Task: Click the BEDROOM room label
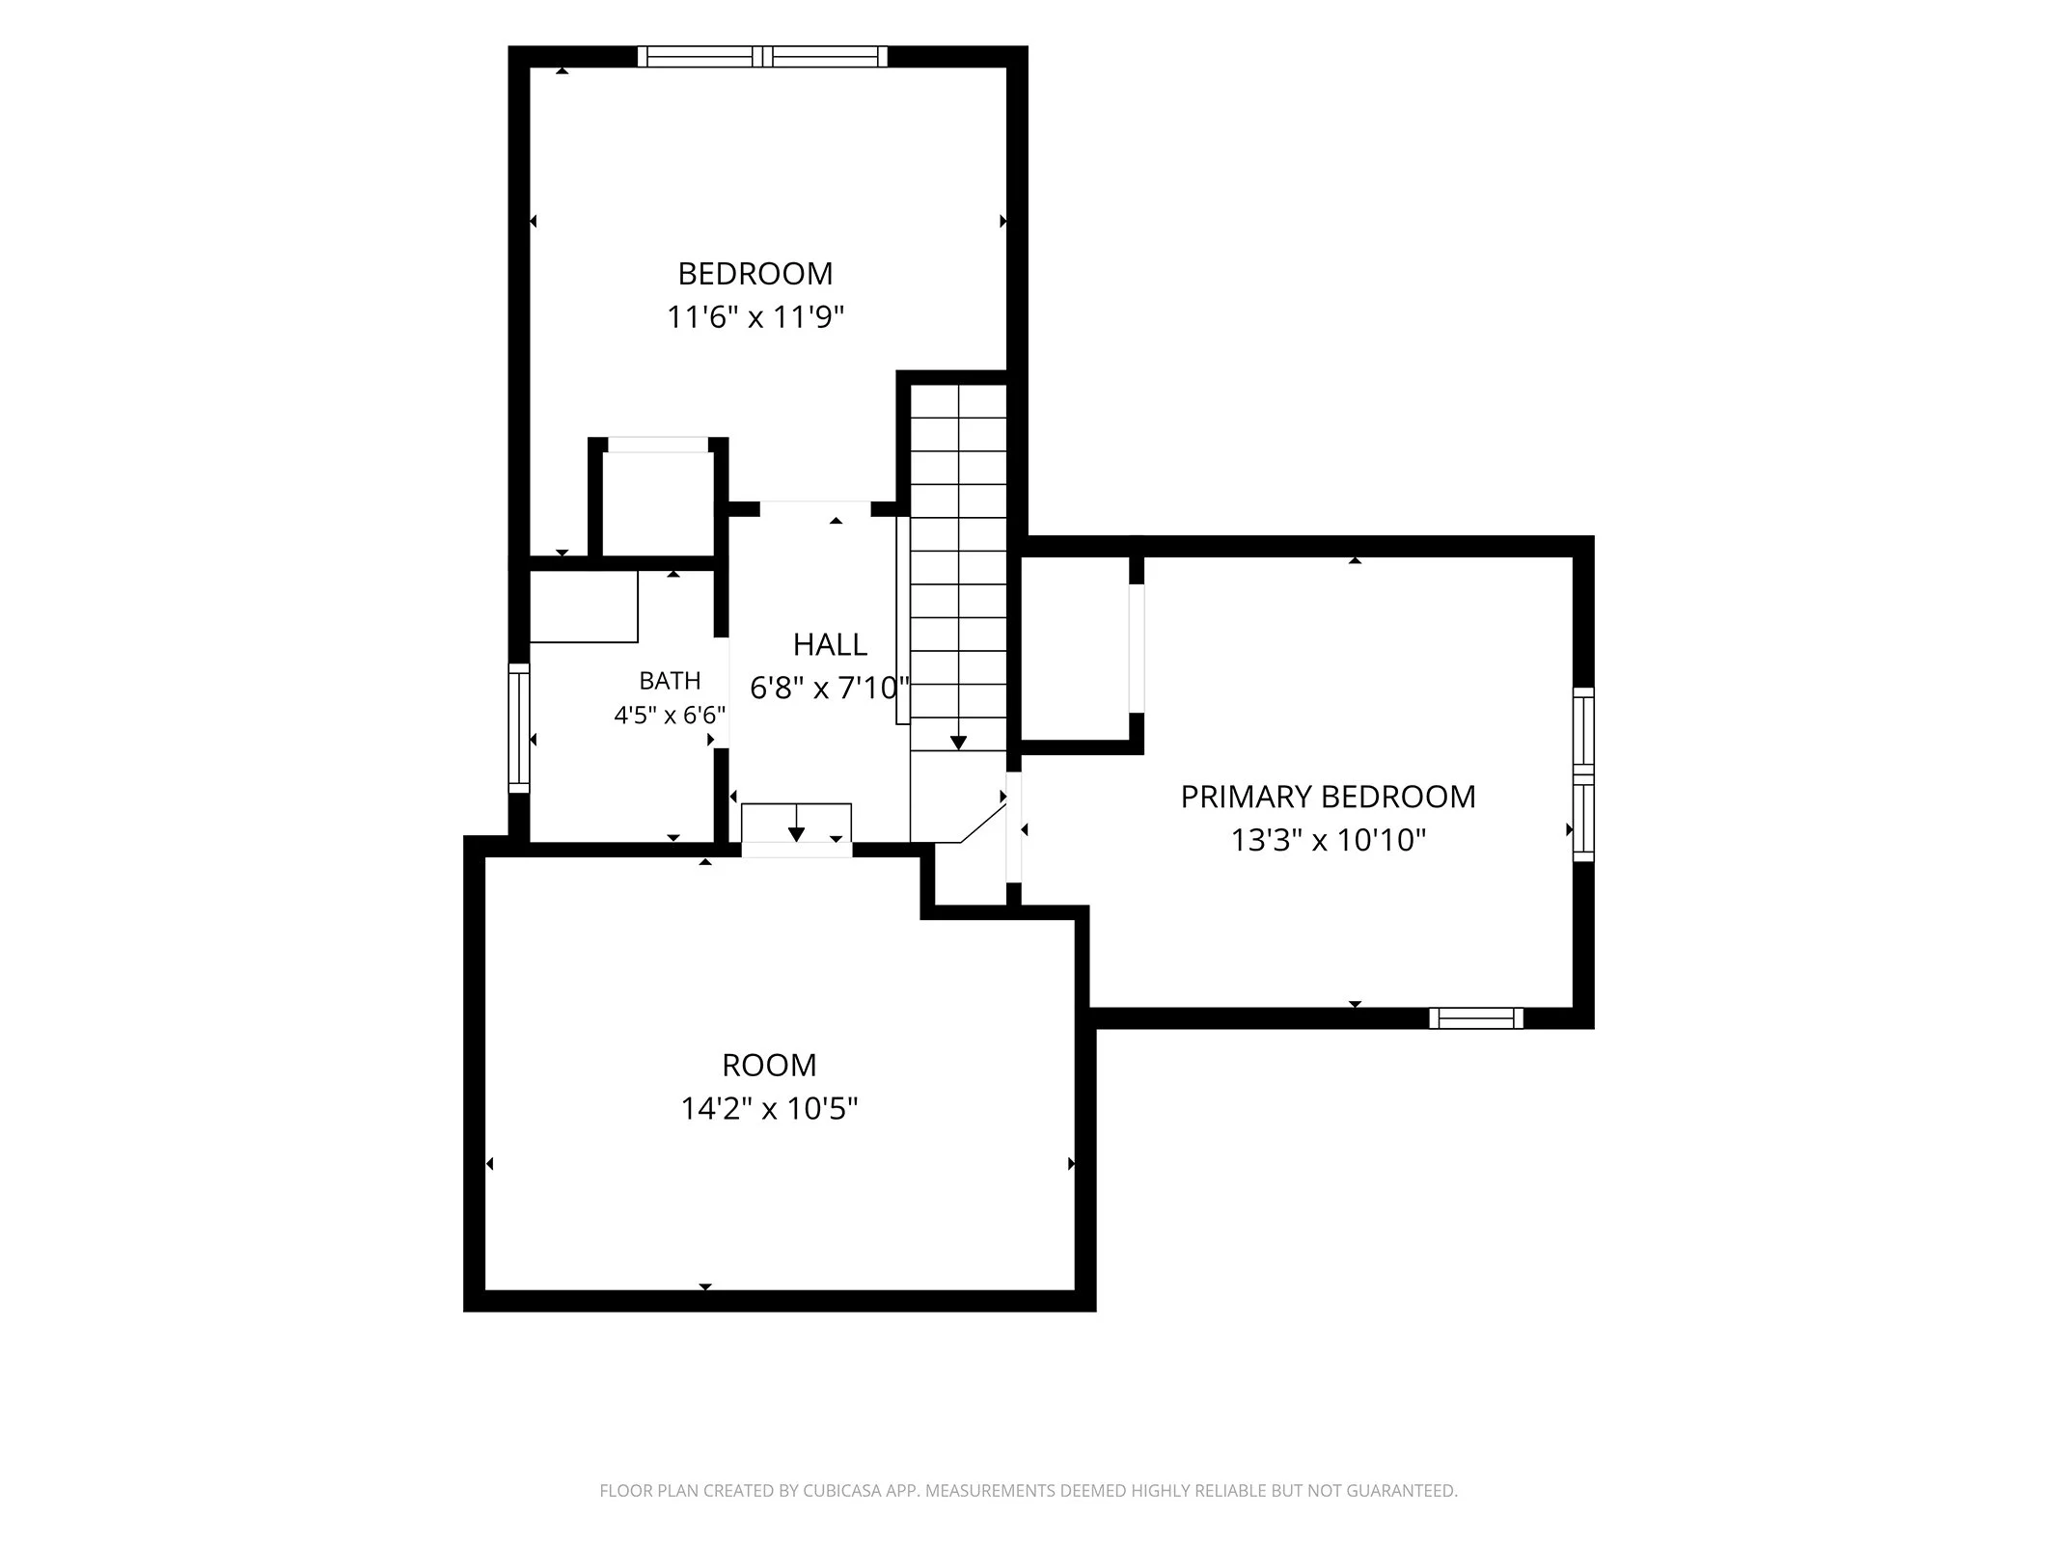(755, 274)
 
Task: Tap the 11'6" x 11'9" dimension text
(755, 317)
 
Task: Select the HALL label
(830, 644)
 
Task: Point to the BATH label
(670, 681)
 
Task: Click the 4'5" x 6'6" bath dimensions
(670, 716)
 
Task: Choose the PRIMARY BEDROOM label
(1328, 797)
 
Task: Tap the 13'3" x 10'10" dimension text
(1328, 840)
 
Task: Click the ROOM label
(769, 1065)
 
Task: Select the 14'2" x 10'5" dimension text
(769, 1109)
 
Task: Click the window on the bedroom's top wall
(762, 57)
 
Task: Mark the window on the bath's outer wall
(519, 728)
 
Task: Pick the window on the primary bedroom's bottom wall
(1475, 1018)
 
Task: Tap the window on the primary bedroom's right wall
(1583, 774)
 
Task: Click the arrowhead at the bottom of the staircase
(958, 743)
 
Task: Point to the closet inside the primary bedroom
(1075, 652)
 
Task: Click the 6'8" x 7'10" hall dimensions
(830, 688)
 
